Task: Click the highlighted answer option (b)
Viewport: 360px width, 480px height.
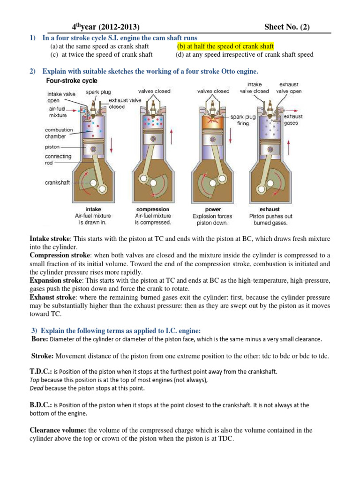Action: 225,46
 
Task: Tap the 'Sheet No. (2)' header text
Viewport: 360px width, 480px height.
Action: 287,27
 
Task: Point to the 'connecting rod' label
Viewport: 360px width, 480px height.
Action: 58,159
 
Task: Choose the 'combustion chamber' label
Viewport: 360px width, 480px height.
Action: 59,133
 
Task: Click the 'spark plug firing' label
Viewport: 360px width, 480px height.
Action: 243,120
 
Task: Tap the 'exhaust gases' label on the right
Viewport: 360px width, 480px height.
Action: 293,120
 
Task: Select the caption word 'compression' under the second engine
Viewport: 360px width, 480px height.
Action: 152,209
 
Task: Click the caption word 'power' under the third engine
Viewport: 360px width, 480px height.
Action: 213,209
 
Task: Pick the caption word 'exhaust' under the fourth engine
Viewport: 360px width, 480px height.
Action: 270,209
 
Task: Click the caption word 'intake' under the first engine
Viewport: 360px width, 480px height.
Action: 93,209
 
